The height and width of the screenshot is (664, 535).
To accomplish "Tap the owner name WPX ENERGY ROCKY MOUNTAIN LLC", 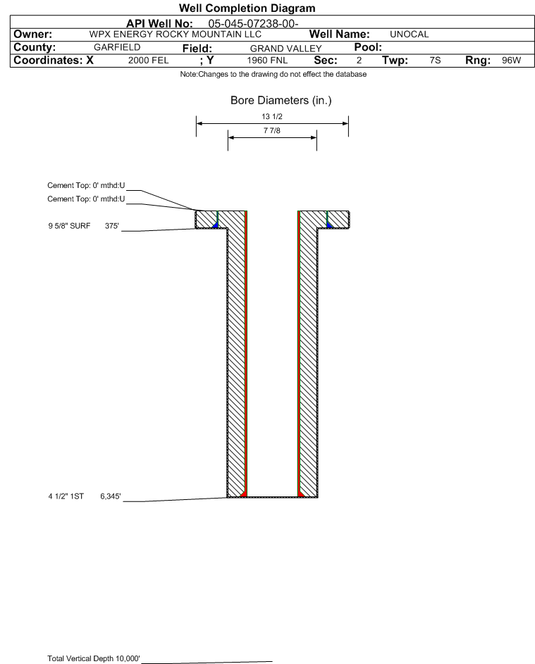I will click(176, 35).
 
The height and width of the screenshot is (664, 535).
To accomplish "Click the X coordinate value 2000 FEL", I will click(148, 61).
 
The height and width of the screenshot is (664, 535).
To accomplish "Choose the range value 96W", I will click(510, 61).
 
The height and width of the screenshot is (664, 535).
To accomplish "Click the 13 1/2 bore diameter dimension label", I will click(272, 117).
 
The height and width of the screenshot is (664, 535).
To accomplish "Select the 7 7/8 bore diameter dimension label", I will click(272, 131).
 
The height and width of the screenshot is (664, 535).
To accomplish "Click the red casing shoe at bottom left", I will click(243, 494).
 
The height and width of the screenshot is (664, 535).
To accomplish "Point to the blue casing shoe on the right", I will click(328, 224).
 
